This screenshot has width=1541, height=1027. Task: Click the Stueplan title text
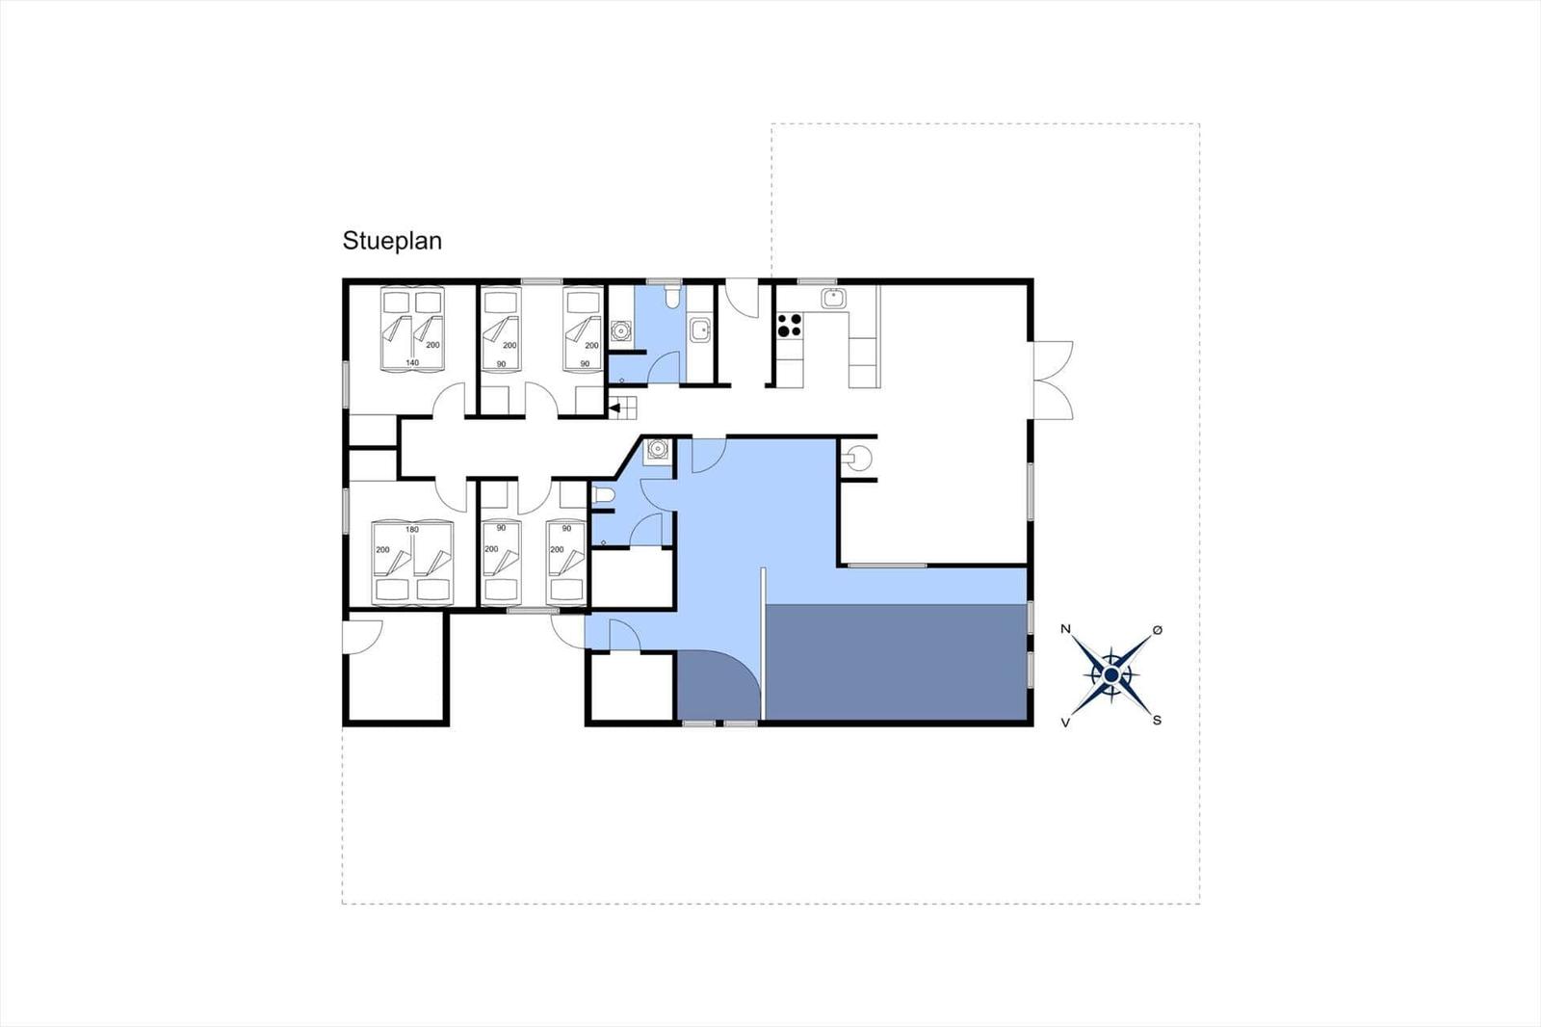click(x=392, y=242)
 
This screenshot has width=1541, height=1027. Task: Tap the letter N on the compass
click(x=1065, y=628)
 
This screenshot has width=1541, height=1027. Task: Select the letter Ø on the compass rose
click(x=1157, y=630)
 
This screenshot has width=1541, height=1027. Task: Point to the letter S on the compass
click(x=1157, y=720)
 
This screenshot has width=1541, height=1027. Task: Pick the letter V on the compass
click(x=1065, y=722)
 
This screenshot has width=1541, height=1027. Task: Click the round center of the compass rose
click(x=1111, y=675)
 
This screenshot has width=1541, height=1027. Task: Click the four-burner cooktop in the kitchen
click(x=789, y=325)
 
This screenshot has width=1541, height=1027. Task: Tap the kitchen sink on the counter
click(x=833, y=299)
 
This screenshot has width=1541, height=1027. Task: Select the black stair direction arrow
click(x=615, y=408)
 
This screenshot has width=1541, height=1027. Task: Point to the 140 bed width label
click(x=412, y=363)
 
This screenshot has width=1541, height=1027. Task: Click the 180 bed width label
click(x=412, y=529)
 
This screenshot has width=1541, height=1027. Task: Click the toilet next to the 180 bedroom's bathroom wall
click(x=603, y=495)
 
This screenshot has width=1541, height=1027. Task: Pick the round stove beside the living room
click(x=856, y=458)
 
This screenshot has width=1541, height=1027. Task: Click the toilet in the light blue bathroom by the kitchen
click(x=672, y=297)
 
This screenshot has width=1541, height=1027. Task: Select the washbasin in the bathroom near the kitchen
click(x=700, y=330)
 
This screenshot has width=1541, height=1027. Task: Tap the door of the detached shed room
click(x=363, y=637)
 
